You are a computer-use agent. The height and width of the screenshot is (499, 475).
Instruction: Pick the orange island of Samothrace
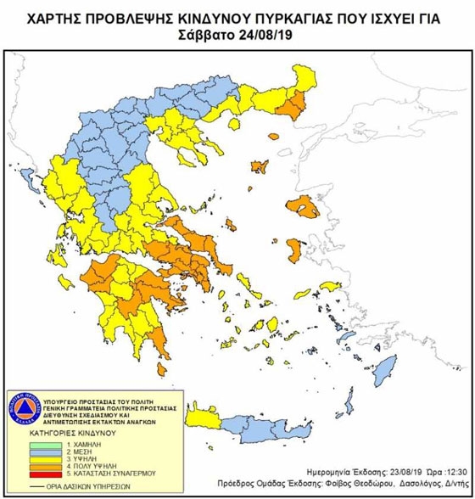[273, 135]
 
